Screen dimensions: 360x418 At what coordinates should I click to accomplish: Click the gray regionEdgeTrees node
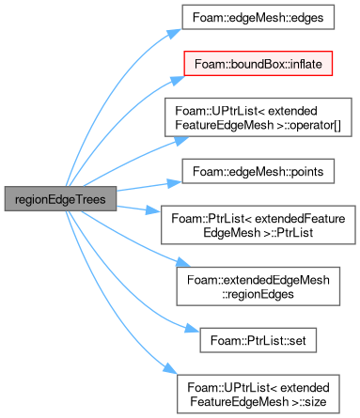point(60,199)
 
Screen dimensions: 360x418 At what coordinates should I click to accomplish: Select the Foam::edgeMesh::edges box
point(258,17)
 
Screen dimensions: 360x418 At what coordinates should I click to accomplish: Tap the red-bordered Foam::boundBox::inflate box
point(258,64)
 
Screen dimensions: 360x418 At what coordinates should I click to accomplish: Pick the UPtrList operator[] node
point(258,117)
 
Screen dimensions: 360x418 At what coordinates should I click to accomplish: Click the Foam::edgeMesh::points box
point(258,171)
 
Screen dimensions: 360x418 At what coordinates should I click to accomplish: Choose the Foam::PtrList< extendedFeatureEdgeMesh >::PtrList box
point(258,225)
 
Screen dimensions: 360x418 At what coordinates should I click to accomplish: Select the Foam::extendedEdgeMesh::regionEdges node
point(258,286)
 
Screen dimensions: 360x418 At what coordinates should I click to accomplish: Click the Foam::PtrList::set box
point(258,340)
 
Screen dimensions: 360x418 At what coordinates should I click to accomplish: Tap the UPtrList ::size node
point(258,395)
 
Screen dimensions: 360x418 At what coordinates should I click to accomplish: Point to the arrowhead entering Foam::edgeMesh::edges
point(175,33)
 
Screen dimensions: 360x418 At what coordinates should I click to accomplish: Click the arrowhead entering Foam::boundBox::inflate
point(178,80)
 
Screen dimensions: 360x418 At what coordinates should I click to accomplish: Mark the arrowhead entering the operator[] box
point(181,141)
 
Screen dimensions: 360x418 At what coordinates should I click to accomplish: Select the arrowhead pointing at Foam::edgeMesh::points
point(174,183)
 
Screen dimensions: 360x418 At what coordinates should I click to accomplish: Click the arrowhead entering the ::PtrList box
point(153,210)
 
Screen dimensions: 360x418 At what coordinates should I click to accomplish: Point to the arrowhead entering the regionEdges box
point(182,262)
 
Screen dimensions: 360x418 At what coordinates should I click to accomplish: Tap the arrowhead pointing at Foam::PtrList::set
point(192,328)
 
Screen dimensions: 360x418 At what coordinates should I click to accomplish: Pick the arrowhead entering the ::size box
point(170,368)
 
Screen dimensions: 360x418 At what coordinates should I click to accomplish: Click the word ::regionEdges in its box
point(258,294)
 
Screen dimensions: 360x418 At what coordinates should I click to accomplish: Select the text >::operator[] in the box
point(309,125)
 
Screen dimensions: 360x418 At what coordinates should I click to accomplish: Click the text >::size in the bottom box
point(309,401)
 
